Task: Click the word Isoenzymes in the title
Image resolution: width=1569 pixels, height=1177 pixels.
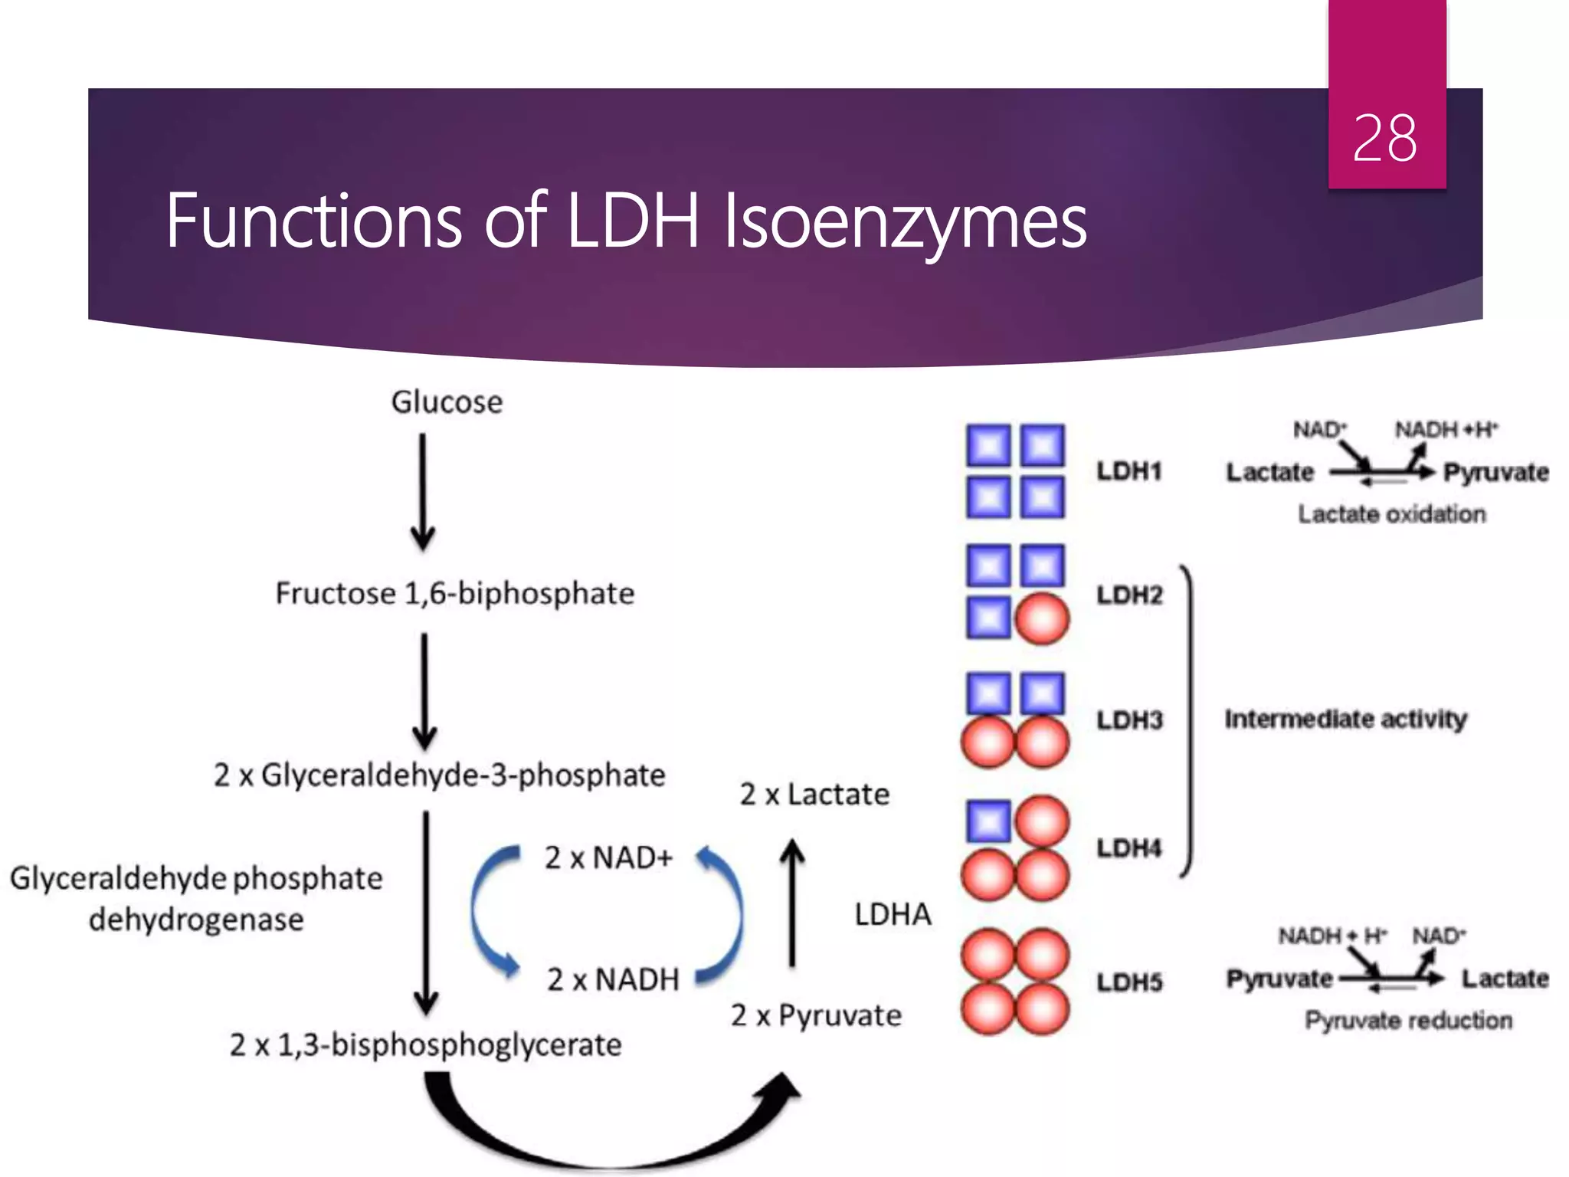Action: [905, 222]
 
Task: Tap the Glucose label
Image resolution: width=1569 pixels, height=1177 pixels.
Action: [447, 402]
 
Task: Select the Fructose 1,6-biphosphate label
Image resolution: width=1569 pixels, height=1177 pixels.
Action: [454, 594]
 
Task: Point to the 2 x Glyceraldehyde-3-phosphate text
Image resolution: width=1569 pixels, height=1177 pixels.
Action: [439, 775]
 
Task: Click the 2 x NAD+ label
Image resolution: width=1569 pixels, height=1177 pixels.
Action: [608, 858]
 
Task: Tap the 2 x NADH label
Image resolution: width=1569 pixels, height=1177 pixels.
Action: [613, 980]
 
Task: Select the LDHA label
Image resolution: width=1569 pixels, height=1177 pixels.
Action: [893, 915]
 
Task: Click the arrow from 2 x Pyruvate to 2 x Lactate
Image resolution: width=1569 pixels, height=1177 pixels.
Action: [792, 904]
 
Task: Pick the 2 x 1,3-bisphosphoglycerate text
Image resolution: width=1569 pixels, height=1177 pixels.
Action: [425, 1045]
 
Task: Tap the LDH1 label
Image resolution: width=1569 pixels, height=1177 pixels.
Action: [1129, 471]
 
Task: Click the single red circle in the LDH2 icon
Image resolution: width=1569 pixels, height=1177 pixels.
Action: [1042, 618]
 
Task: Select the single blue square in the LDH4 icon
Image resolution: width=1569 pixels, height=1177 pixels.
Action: [989, 821]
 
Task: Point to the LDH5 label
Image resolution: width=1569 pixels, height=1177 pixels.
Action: [1129, 982]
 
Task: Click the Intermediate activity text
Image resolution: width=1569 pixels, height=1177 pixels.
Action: [1345, 720]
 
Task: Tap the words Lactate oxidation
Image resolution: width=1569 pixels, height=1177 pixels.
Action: [1391, 514]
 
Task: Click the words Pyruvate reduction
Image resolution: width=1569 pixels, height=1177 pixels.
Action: [1408, 1021]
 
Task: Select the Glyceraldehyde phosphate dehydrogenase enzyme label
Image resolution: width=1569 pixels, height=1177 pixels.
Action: [196, 899]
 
